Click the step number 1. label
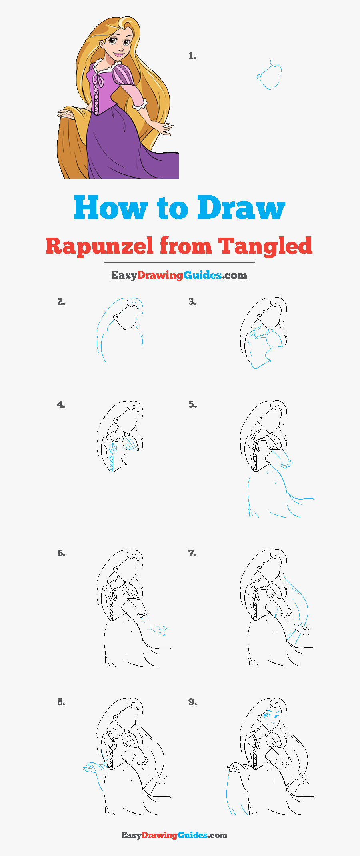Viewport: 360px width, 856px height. tap(192, 56)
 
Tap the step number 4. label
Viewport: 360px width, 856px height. tap(61, 404)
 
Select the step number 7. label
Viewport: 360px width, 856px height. tap(192, 553)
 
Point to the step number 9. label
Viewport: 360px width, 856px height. tap(192, 702)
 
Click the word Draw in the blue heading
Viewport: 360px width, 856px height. tap(241, 208)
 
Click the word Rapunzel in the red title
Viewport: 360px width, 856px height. tap(99, 246)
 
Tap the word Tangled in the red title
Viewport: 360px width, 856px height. tap(265, 246)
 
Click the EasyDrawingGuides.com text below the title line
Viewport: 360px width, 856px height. tap(179, 275)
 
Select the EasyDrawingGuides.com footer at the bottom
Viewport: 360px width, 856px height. tap(174, 835)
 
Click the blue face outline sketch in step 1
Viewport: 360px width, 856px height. tap(269, 76)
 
